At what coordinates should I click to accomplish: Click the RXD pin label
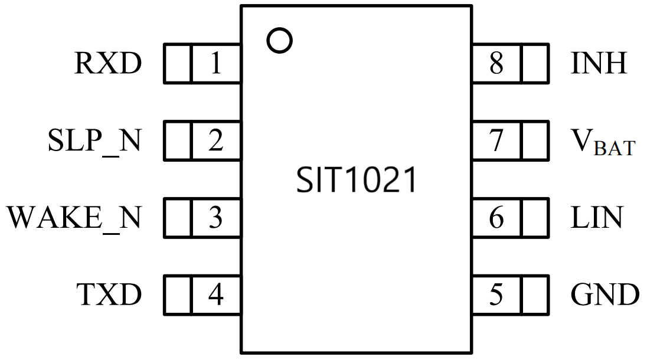pyautogui.click(x=108, y=63)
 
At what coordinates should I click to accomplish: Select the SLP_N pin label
pyautogui.click(x=94, y=140)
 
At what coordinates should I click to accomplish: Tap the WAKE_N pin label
pyautogui.click(x=74, y=218)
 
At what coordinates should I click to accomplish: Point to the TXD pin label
pyautogui.click(x=109, y=294)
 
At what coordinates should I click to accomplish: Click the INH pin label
pyautogui.click(x=599, y=63)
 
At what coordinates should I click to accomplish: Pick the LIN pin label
pyautogui.click(x=596, y=218)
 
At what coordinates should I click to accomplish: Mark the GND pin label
pyautogui.click(x=605, y=294)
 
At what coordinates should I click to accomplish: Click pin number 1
pyautogui.click(x=215, y=63)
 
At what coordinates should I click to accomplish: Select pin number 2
pyautogui.click(x=215, y=140)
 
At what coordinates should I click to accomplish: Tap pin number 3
pyautogui.click(x=215, y=218)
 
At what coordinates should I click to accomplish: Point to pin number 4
pyautogui.click(x=215, y=294)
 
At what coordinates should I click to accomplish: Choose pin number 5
pyautogui.click(x=496, y=294)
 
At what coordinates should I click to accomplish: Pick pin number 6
pyautogui.click(x=496, y=218)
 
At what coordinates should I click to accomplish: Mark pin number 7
pyautogui.click(x=496, y=140)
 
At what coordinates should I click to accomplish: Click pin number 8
pyautogui.click(x=496, y=63)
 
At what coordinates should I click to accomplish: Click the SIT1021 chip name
pyautogui.click(x=357, y=181)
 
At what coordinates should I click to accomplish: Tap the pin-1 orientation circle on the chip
pyautogui.click(x=279, y=40)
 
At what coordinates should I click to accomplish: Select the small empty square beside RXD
pyautogui.click(x=177, y=63)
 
